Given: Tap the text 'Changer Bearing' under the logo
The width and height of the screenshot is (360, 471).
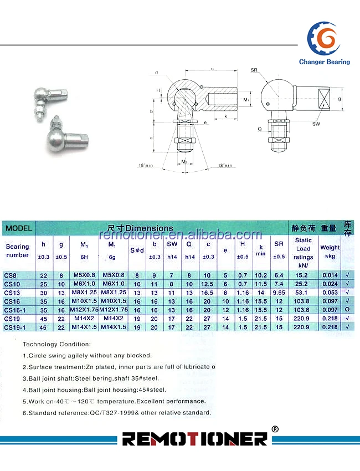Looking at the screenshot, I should (x=324, y=62).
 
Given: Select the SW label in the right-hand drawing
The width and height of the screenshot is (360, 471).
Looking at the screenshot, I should (x=316, y=124).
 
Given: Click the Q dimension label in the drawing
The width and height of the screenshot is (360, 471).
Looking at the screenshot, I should (x=259, y=129).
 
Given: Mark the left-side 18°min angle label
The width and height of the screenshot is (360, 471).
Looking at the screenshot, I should (x=146, y=165).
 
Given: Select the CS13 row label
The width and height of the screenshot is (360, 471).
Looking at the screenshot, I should (x=12, y=292).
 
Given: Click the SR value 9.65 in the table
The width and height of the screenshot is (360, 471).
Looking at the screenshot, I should (x=279, y=292).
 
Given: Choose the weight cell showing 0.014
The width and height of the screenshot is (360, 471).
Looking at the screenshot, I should (x=330, y=275).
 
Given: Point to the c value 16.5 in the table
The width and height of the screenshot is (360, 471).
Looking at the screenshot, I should (x=208, y=292).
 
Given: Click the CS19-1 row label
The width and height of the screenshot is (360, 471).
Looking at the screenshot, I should (x=15, y=327).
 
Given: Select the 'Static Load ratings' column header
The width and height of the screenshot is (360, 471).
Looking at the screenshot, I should (x=303, y=249).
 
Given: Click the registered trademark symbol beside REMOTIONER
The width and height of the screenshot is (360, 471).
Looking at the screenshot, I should (x=275, y=429).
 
